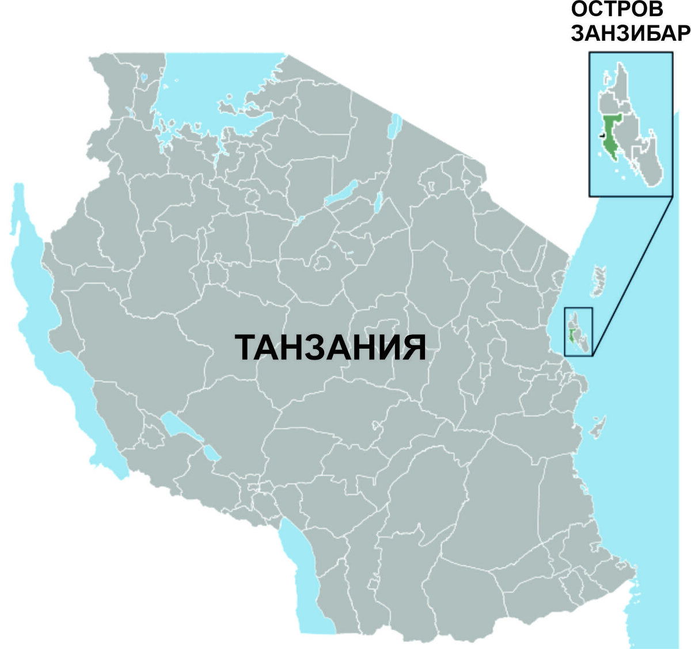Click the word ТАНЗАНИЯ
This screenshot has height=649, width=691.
coord(331,347)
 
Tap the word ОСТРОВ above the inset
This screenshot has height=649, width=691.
coord(616,10)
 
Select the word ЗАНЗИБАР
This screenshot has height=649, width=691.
coord(630,33)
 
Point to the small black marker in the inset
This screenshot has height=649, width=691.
coord(602,135)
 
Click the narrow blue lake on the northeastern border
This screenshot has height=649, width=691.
coord(396,127)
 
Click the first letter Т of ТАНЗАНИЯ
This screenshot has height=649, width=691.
coord(246,347)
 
